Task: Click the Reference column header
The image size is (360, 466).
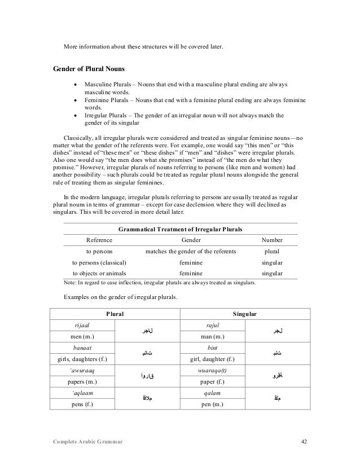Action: [99, 240]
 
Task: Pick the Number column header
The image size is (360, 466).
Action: [272, 240]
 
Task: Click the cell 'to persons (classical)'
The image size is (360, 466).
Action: [99, 262]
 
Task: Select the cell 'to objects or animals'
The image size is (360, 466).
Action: [99, 273]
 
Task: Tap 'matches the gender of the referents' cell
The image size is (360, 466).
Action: [191, 251]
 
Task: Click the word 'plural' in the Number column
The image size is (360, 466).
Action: [272, 251]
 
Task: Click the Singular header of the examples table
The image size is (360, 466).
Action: [245, 313]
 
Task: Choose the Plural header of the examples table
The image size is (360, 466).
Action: [116, 313]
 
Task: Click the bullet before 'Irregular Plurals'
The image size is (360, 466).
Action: [76, 116]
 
